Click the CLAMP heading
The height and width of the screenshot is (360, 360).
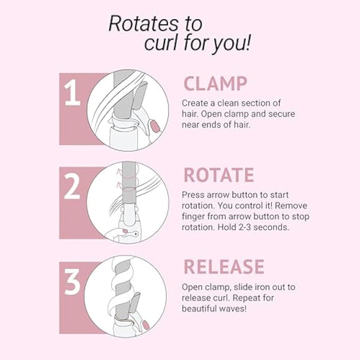215,83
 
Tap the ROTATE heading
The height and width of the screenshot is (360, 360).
219,175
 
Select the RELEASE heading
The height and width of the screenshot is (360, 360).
224,267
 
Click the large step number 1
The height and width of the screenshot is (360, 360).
72,92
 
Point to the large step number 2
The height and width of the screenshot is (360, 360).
72,186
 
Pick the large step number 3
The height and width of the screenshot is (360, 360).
73,281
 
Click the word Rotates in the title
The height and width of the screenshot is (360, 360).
143,23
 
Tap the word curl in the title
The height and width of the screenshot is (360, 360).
161,43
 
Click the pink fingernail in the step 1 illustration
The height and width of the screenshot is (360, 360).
155,127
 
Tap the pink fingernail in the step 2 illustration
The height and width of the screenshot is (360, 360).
125,231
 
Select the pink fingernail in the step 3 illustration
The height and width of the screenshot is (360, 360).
146,325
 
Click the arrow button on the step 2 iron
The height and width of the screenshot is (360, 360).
136,234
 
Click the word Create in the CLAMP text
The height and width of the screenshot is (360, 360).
196,103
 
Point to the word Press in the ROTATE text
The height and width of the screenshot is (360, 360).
193,195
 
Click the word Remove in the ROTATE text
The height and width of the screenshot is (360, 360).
291,205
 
